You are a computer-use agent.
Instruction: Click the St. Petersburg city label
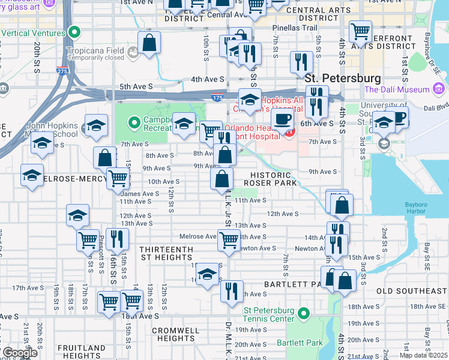click(x=342, y=79)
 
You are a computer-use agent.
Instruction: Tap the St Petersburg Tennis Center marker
click(x=304, y=313)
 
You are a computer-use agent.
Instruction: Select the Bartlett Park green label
click(x=300, y=343)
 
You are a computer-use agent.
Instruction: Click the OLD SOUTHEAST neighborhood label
click(x=411, y=291)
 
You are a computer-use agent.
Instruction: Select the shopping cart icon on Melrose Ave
click(x=229, y=240)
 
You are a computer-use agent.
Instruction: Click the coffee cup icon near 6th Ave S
click(x=282, y=119)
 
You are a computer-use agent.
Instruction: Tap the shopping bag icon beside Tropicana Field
click(x=149, y=43)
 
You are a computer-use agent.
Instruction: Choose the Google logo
click(x=20, y=353)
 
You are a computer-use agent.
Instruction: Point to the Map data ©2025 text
click(x=423, y=355)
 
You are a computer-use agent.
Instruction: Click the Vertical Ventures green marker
click(x=74, y=32)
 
